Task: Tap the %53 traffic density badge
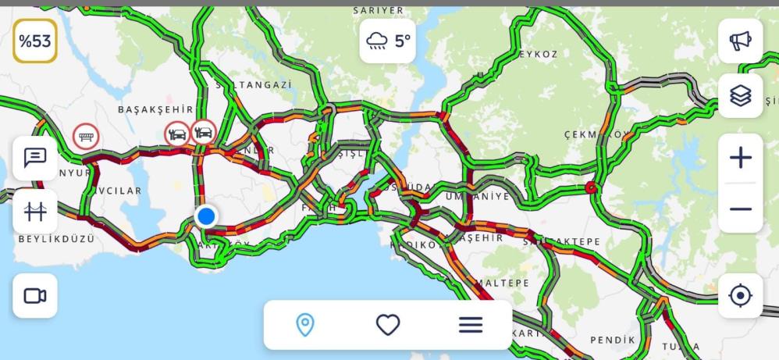coord(34,41)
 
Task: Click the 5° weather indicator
coord(388,41)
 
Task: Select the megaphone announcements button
coord(740,41)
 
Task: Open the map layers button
coord(740,95)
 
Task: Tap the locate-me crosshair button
coord(740,296)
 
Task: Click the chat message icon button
coord(35,158)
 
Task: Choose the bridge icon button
coord(35,211)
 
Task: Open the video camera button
coord(35,296)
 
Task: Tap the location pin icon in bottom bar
coord(305,324)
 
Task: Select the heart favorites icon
coord(388,324)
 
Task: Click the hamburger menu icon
coord(471,324)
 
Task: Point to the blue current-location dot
coord(206,216)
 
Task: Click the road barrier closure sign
coord(86,136)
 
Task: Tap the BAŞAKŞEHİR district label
coord(155,110)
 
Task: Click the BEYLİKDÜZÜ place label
coord(56,238)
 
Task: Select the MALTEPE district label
coord(501,283)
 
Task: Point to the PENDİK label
coord(613,340)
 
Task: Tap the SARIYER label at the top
coord(379,10)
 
